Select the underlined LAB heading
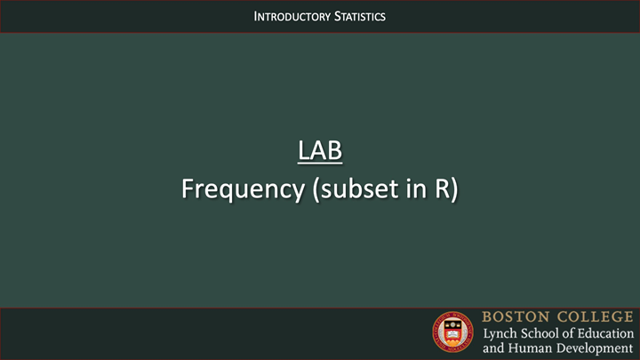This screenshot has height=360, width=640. (x=320, y=151)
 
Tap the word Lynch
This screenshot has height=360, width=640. (x=500, y=332)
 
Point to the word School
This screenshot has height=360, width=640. (x=547, y=332)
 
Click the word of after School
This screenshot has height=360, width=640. (x=579, y=332)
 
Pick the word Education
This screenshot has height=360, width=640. (x=612, y=332)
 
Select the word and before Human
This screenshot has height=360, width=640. (x=493, y=348)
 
